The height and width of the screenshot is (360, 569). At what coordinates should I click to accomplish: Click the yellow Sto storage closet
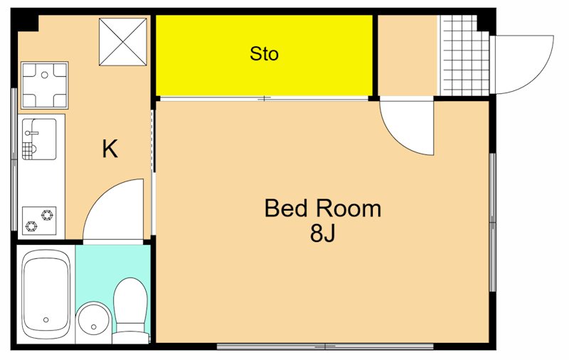point(264,55)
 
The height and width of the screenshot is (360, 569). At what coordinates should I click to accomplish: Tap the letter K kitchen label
point(110,149)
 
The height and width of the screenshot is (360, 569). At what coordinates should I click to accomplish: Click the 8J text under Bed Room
point(323,233)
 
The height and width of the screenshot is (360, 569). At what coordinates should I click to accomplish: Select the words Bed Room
point(323,208)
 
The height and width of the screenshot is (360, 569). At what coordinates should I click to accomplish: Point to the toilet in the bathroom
point(131,310)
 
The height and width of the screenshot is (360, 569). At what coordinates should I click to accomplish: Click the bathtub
point(46,295)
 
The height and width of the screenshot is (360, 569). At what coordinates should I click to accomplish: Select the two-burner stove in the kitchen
point(39,221)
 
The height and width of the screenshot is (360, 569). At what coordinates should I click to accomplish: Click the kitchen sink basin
point(39,139)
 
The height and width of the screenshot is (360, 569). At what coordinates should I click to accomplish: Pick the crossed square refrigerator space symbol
point(123,42)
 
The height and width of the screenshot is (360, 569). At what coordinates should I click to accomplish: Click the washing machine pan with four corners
point(44,85)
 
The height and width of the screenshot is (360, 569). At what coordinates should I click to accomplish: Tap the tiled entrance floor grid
point(465,55)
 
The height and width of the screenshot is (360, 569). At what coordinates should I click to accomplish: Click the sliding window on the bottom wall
point(325,346)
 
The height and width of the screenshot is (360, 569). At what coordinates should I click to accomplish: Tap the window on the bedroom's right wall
point(492,222)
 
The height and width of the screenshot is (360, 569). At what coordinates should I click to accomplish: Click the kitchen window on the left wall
point(14,159)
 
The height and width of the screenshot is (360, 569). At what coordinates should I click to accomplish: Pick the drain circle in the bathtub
point(46,319)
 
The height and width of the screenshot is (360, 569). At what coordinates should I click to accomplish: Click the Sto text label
point(264,53)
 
